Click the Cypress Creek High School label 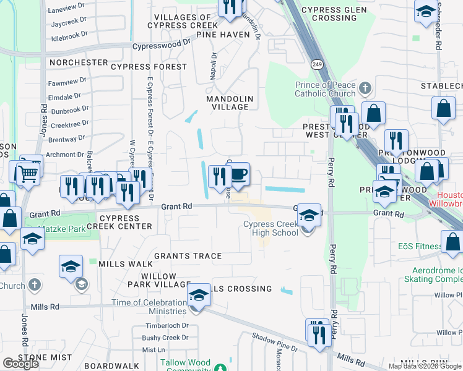[x=272, y=228]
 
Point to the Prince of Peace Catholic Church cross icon [x=365, y=87]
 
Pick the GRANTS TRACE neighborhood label [x=187, y=256]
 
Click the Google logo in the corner [x=20, y=364]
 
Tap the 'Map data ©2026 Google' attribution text [x=425, y=366]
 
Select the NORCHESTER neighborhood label [x=79, y=63]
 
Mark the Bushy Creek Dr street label [x=165, y=338]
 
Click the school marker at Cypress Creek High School [x=308, y=216]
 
